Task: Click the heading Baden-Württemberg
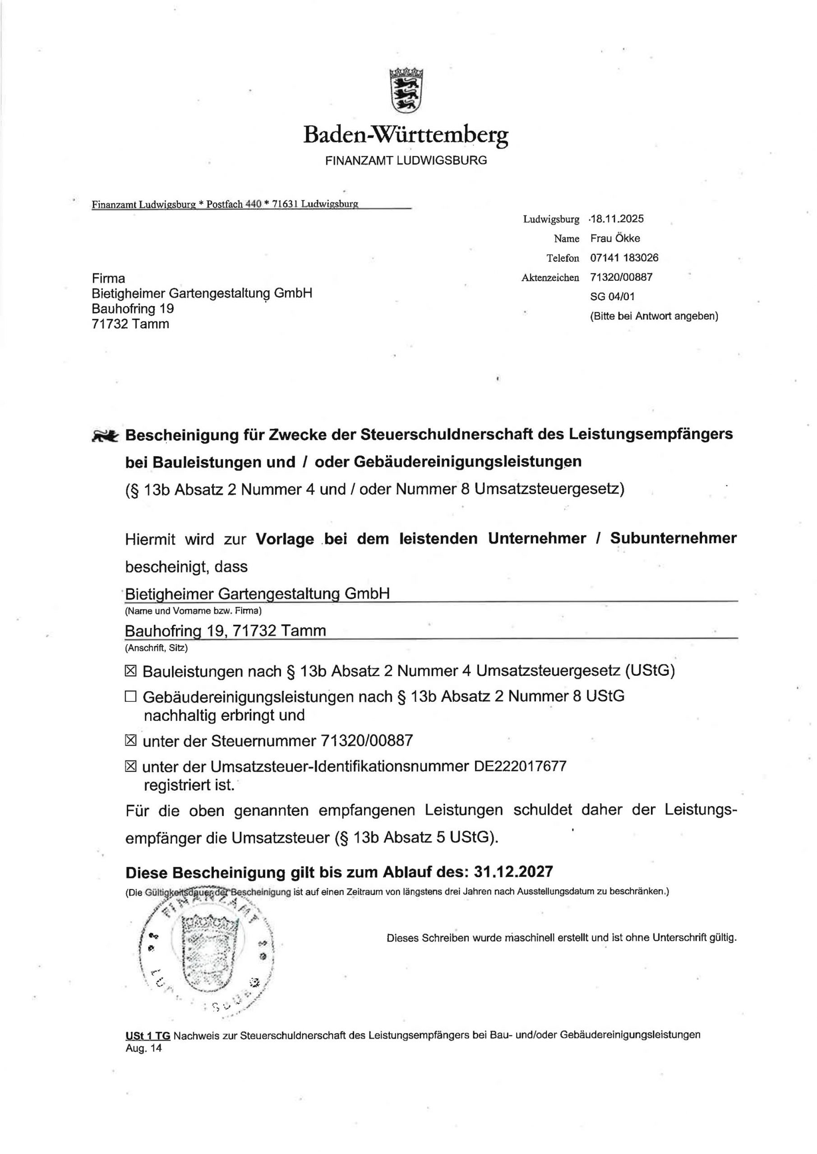pyautogui.click(x=406, y=135)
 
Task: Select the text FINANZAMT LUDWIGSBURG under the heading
pyautogui.click(x=406, y=161)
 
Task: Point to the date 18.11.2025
pyautogui.click(x=617, y=219)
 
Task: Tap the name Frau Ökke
pyautogui.click(x=615, y=238)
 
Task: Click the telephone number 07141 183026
pyautogui.click(x=624, y=258)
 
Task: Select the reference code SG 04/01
pyautogui.click(x=612, y=297)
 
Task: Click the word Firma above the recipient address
pyautogui.click(x=108, y=279)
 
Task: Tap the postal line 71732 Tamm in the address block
pyautogui.click(x=130, y=324)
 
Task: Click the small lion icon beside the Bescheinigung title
pyautogui.click(x=105, y=435)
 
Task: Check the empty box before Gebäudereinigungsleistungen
pyautogui.click(x=130, y=696)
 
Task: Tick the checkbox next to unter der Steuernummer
pyautogui.click(x=130, y=740)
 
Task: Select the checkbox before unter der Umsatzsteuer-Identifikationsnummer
pyautogui.click(x=130, y=766)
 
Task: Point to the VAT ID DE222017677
pyautogui.click(x=520, y=766)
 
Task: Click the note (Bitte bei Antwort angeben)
pyautogui.click(x=654, y=316)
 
